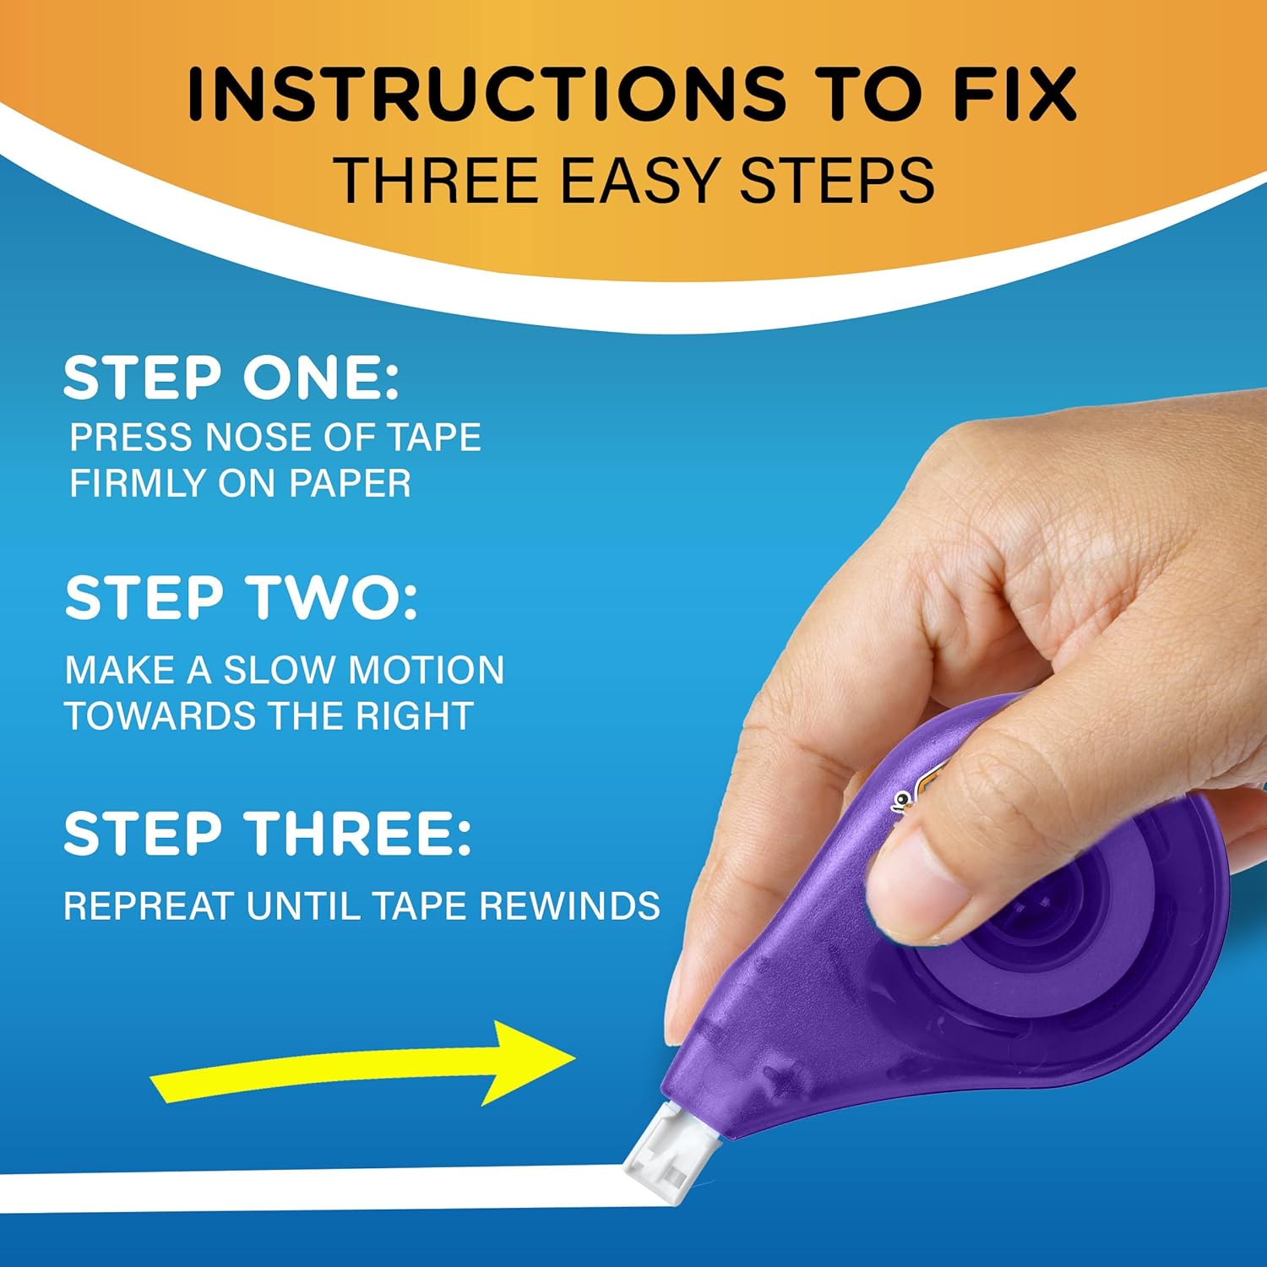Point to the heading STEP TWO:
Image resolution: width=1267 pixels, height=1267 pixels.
(241, 598)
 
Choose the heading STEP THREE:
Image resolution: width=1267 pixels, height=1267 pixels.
(267, 834)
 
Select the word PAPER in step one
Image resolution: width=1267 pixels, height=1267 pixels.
(350, 483)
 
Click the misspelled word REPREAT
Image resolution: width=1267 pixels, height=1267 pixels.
(148, 906)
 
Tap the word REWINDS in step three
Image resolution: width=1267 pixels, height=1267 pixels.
(570, 906)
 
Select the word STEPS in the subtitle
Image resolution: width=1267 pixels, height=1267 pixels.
(837, 180)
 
